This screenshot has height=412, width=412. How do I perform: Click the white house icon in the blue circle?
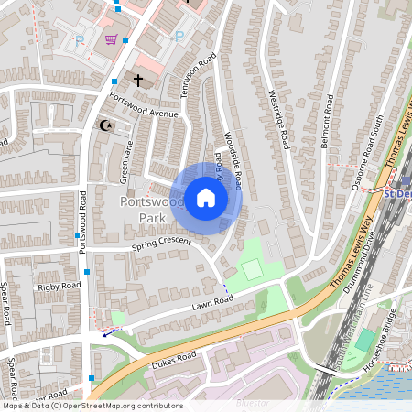[206, 198]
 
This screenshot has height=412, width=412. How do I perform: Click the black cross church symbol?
[138, 81]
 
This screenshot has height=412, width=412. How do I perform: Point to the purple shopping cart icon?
[111, 39]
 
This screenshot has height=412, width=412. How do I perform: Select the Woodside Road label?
[233, 163]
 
